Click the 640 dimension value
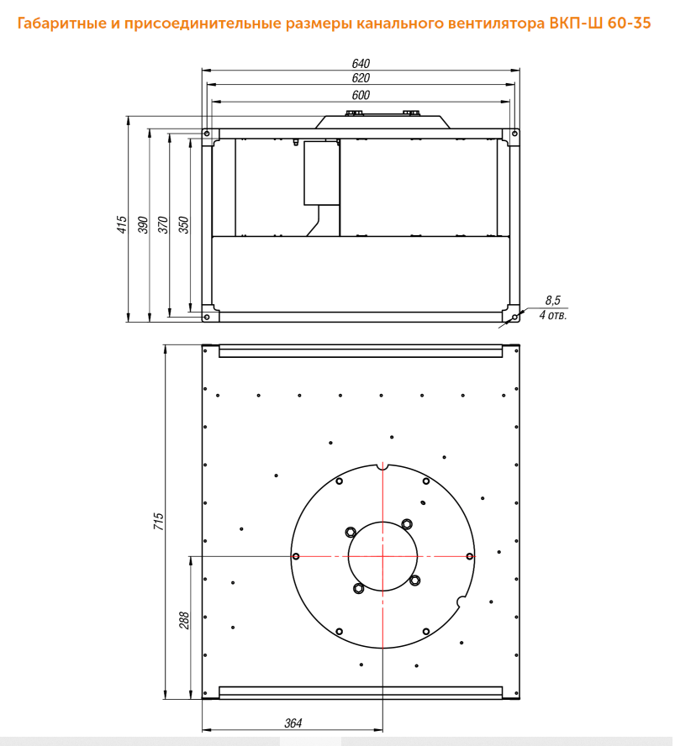pos(361,63)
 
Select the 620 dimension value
pos(361,77)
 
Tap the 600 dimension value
pos(361,95)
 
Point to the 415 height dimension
pos(122,224)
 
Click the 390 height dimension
pos(143,224)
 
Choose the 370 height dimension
pos(163,224)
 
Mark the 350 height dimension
pos(184,224)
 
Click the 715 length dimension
pos(159,522)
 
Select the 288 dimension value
pos(184,620)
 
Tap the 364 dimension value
pos(293,723)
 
